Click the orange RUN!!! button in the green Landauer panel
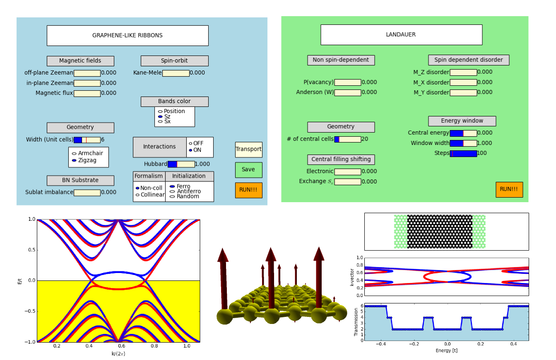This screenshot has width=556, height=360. [x=509, y=189]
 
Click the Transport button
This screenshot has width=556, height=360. [x=248, y=150]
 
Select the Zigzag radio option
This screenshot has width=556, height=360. [x=75, y=160]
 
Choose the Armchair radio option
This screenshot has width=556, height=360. [x=75, y=153]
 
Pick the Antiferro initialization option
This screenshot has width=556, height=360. [x=172, y=191]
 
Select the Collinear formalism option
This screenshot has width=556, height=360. [x=137, y=195]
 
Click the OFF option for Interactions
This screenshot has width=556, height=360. [x=191, y=143]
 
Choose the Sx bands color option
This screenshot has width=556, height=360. [x=160, y=121]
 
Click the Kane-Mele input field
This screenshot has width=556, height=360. [x=176, y=73]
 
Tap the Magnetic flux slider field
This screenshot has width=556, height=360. [x=87, y=94]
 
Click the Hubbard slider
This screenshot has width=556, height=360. [x=181, y=164]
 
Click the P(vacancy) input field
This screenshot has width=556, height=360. [x=347, y=82]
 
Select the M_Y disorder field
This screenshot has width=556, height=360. [x=463, y=93]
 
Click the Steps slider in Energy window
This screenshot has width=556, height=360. [x=463, y=154]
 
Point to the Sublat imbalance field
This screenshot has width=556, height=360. [x=87, y=193]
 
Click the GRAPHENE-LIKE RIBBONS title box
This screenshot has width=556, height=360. [x=128, y=36]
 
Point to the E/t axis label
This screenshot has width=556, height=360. [x=20, y=281]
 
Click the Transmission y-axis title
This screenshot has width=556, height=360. [x=356, y=322]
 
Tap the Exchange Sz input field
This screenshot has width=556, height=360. [x=347, y=182]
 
